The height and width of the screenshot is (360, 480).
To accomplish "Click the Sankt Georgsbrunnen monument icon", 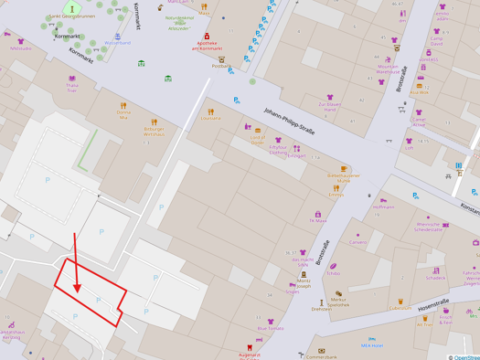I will pos(72,9).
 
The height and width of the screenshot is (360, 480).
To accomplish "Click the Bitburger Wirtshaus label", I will pos(154,132).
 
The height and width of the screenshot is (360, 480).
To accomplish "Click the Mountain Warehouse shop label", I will pos(388,69).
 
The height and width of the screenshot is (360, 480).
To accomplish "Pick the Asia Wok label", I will pos(419,92).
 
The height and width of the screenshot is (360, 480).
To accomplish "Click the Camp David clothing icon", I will pos(436,33).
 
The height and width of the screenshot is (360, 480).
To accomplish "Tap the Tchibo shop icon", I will pos(334,267).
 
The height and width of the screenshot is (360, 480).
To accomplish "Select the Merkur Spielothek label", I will pos(338,302).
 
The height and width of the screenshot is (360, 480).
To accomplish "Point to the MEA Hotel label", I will pos(371,345).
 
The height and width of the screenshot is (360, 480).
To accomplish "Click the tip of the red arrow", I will pos(79,291).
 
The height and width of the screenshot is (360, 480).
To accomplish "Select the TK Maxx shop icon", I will pos(318,215).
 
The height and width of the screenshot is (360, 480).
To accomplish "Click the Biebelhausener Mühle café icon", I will pos(344,169).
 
